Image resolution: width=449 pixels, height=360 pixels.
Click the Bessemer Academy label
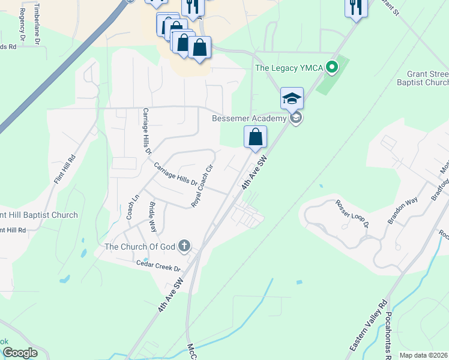(249, 118)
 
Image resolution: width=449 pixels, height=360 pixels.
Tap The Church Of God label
(141, 246)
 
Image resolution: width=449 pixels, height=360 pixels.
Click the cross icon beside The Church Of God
(184, 245)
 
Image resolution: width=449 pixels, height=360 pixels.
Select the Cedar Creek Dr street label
(158, 265)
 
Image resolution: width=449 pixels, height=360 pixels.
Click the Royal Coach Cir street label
(202, 187)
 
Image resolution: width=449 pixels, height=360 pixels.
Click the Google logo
(20, 353)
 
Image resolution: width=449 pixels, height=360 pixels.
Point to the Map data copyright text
(424, 355)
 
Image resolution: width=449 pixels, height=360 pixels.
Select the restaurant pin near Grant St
(355, 7)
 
